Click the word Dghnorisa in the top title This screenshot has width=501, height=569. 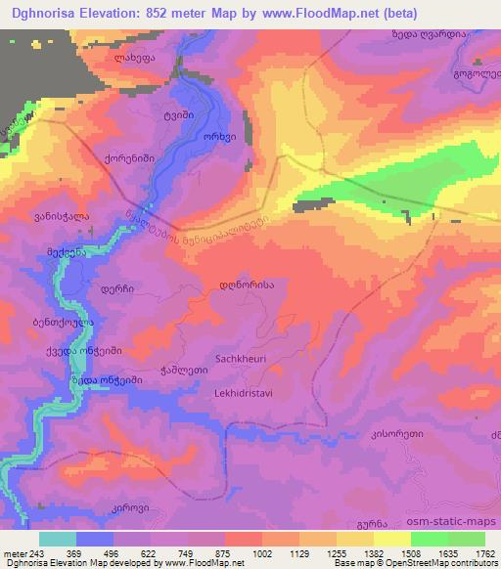[x=45, y=14]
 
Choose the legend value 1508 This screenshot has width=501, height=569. [x=410, y=553]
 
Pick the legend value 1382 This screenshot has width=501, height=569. [x=374, y=553]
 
